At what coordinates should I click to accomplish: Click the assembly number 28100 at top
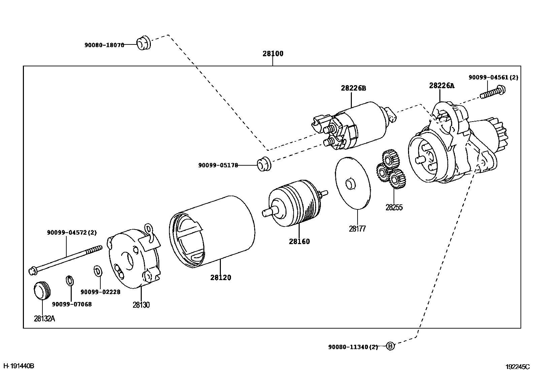[273, 54]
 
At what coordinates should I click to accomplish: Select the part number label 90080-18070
[104, 44]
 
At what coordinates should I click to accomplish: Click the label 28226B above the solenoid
[353, 88]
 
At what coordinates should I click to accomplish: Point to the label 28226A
[441, 86]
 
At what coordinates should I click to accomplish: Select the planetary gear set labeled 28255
[391, 170]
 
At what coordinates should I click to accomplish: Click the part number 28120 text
[221, 278]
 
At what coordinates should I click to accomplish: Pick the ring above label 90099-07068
[69, 280]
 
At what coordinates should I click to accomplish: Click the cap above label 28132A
[42, 290]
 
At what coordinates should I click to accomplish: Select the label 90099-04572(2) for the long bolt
[72, 232]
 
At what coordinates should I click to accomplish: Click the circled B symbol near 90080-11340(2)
[390, 346]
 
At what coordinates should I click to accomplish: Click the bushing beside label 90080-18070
[143, 42]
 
